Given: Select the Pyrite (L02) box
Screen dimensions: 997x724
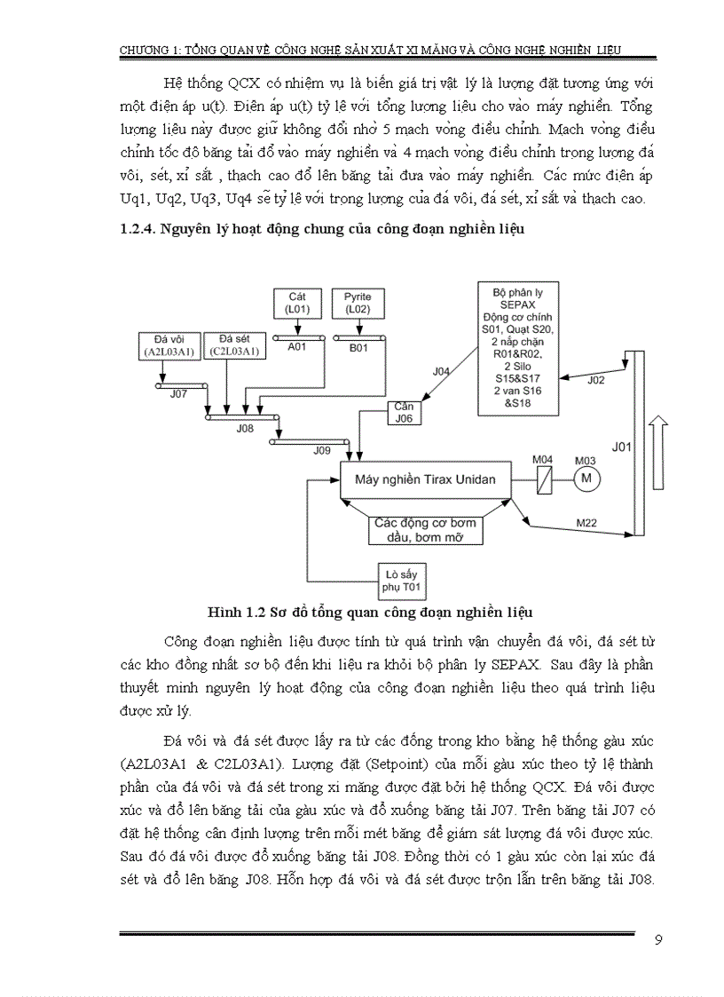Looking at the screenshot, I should (358, 302).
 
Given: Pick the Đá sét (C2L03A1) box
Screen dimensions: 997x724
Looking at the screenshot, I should (233, 346).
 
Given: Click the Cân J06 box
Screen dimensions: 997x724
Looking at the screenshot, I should (404, 412).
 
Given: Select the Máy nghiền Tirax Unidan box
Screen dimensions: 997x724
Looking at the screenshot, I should (425, 480).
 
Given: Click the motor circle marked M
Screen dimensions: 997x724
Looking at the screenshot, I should (585, 480).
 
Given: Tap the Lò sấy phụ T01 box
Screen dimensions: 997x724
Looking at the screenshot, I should (403, 581).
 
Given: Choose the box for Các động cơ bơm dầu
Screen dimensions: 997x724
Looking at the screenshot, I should (424, 529).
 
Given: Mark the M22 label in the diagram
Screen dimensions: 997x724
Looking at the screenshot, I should (586, 523).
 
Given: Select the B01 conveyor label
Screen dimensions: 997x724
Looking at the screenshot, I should (358, 348).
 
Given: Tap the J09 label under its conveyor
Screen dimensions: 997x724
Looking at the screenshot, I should (322, 450).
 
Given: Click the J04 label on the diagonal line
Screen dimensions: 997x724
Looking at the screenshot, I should (440, 371).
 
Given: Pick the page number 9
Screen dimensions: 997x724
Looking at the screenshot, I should (657, 941).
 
